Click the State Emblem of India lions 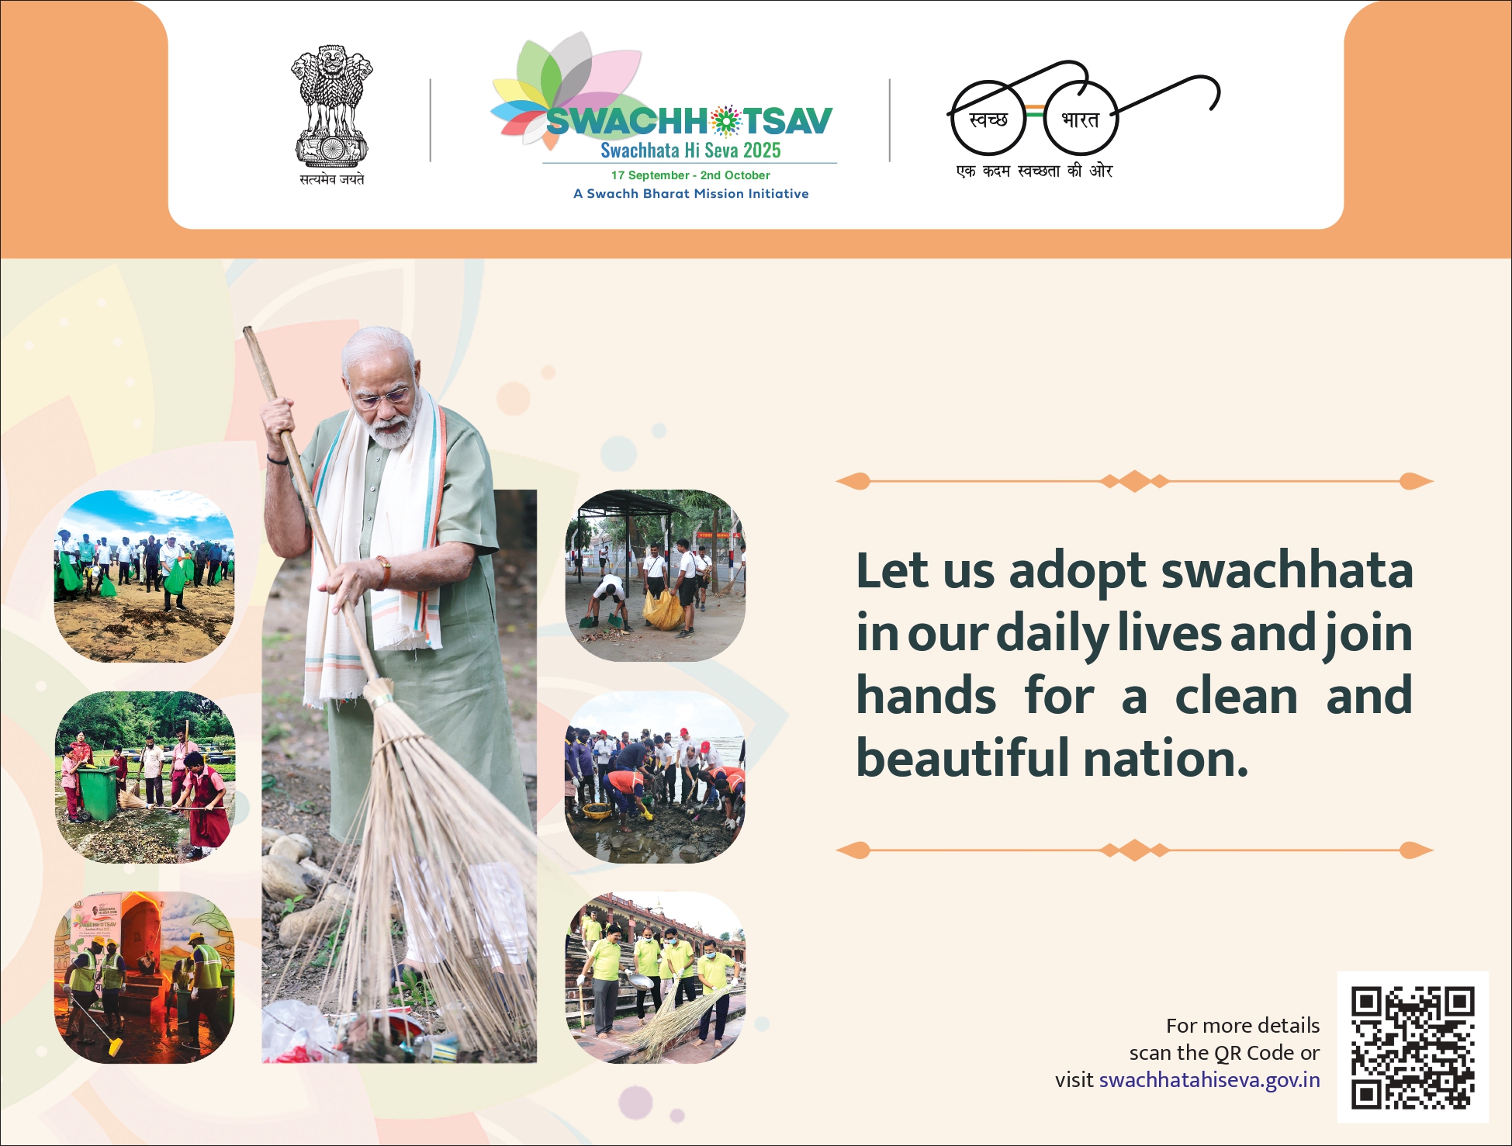(331, 105)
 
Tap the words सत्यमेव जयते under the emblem (332, 179)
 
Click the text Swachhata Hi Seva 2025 (690, 151)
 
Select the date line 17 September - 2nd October (690, 175)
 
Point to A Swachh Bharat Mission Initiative (690, 194)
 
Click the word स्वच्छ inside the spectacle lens (988, 119)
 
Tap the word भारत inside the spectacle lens (1080, 119)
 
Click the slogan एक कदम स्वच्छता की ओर (1034, 171)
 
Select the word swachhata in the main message (1287, 571)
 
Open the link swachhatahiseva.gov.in (1209, 1080)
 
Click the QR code (1413, 1047)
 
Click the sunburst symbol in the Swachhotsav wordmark (725, 121)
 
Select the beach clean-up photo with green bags (144, 576)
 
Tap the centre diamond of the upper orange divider (1134, 481)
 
